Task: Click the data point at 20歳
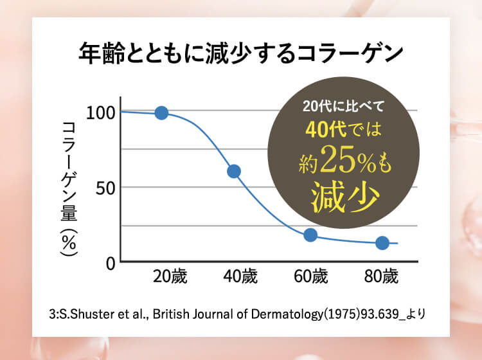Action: point(161,113)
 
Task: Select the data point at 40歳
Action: point(234,171)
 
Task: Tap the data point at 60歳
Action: point(310,235)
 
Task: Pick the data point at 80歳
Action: point(382,243)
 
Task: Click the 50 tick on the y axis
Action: point(105,188)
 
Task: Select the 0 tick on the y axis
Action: point(109,262)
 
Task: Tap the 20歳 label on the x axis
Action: point(170,278)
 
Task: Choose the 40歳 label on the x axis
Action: point(240,278)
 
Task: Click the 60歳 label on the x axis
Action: point(311,278)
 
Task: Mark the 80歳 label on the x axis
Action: point(381,278)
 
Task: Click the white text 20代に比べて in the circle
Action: point(343,106)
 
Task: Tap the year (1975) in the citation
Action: point(341,315)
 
